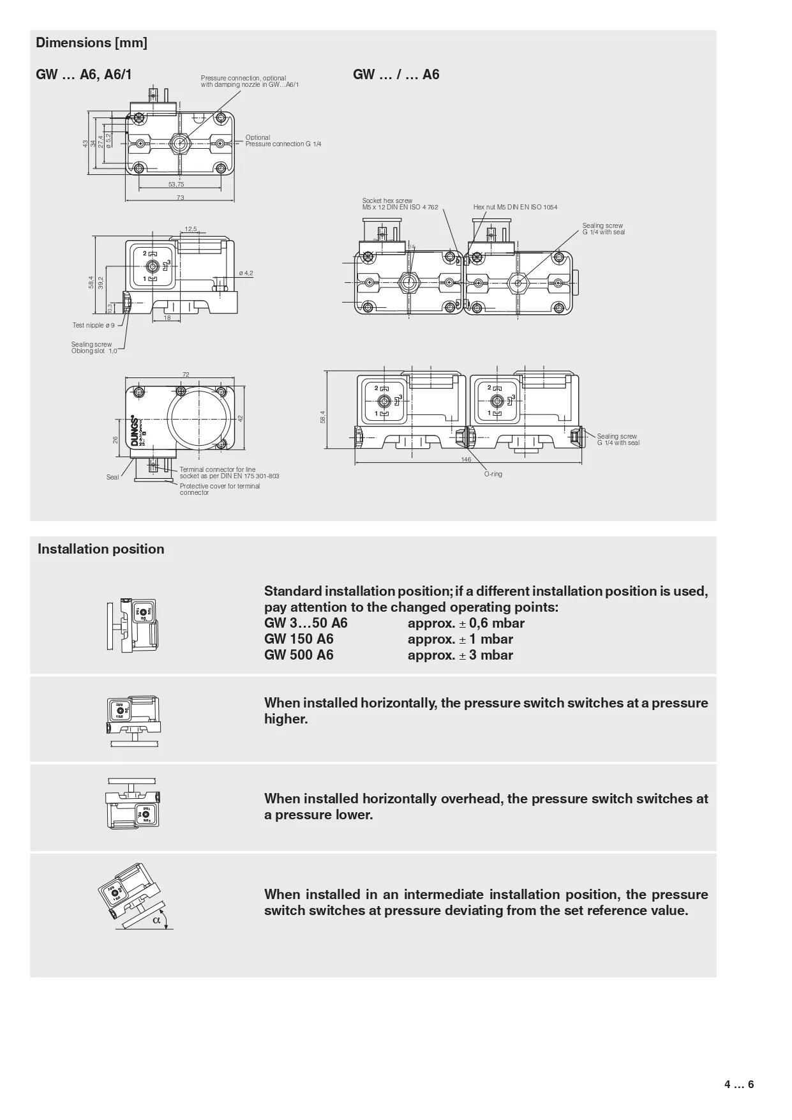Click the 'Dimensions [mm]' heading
pyautogui.click(x=91, y=43)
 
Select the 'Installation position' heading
pyautogui.click(x=101, y=549)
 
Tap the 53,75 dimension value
pyautogui.click(x=176, y=185)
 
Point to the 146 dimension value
pyautogui.click(x=466, y=460)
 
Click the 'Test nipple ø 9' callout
pyautogui.click(x=93, y=326)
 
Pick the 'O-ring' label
pyautogui.click(x=493, y=474)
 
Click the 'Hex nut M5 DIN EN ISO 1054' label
pyautogui.click(x=515, y=207)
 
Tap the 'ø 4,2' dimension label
pyautogui.click(x=246, y=273)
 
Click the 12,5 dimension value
pyautogui.click(x=191, y=229)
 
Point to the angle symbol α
pyautogui.click(x=156, y=920)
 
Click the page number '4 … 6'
pyautogui.click(x=739, y=1084)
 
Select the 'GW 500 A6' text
pyautogui.click(x=299, y=655)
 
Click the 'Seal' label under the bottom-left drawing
pyautogui.click(x=112, y=477)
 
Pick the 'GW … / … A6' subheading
pyautogui.click(x=396, y=75)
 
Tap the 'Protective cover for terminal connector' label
pyautogui.click(x=220, y=489)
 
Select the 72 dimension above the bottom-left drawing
pyautogui.click(x=186, y=375)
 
